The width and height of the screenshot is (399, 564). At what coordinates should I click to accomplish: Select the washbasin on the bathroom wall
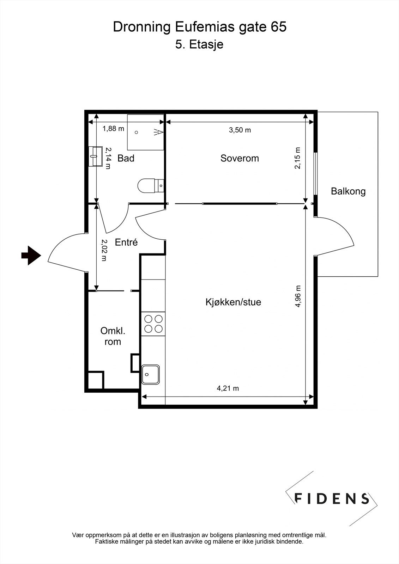(x=95, y=156)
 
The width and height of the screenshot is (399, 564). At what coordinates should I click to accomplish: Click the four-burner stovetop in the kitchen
(x=153, y=324)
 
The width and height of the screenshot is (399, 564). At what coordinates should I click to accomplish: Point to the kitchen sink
(x=151, y=374)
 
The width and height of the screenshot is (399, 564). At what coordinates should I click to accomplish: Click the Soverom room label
(x=240, y=158)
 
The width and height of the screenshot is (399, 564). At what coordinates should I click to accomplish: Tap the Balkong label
(x=348, y=191)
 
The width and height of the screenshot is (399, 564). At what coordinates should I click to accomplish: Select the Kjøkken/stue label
(x=233, y=302)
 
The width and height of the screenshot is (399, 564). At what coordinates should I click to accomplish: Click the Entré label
(x=126, y=243)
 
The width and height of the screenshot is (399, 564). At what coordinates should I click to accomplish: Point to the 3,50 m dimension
(x=240, y=130)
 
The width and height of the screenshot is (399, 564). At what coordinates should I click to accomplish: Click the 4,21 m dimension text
(x=228, y=388)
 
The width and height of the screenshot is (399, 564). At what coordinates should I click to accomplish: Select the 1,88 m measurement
(x=113, y=129)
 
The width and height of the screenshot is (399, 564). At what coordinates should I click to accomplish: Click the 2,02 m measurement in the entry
(x=104, y=250)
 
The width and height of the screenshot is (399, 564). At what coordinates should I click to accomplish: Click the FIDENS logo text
(x=332, y=498)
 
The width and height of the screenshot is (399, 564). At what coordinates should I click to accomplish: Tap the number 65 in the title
(x=279, y=27)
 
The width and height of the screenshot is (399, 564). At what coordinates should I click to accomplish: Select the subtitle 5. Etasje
(x=199, y=45)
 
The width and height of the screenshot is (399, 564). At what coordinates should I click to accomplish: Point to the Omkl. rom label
(x=113, y=336)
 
